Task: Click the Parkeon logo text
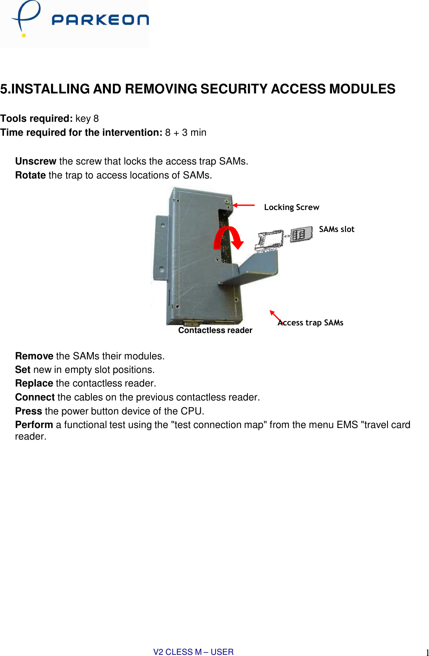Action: [x=100, y=20]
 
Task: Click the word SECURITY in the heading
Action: [x=234, y=89]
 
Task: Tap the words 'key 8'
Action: [x=87, y=119]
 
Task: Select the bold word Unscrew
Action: [x=36, y=161]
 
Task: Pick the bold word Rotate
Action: [x=30, y=175]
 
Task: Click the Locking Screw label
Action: [x=291, y=207]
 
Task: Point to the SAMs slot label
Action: [x=336, y=229]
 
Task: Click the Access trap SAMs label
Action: [x=310, y=323]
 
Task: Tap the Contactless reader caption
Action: [x=215, y=330]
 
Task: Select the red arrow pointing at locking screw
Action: [x=243, y=205]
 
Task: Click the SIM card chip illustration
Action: [x=301, y=234]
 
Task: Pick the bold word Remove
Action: [x=34, y=356]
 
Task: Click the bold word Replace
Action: [x=34, y=383]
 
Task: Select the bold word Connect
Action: [x=35, y=397]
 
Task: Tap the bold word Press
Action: [x=28, y=411]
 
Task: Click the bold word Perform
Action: [x=34, y=425]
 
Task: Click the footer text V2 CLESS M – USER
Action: [x=193, y=652]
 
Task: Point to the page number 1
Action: [x=427, y=652]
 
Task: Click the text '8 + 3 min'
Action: [x=186, y=133]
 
